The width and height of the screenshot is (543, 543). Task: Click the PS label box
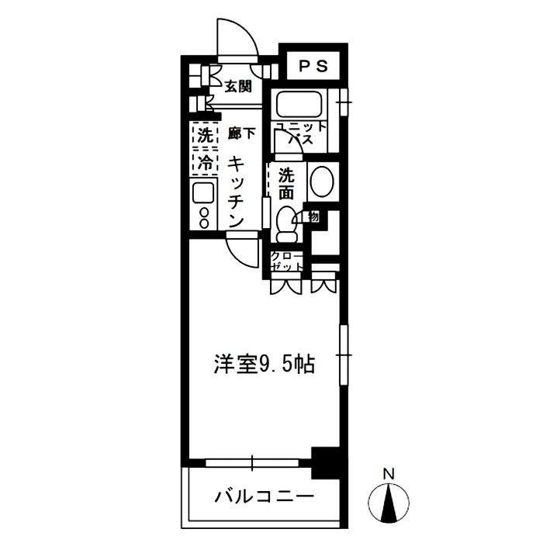pyautogui.click(x=313, y=66)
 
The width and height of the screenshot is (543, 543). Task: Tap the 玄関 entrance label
pyautogui.click(x=238, y=87)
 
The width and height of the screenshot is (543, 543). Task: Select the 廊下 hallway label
pyautogui.click(x=241, y=133)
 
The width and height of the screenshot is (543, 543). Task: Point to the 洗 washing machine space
pyautogui.click(x=204, y=135)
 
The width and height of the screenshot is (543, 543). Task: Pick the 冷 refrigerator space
pyautogui.click(x=204, y=164)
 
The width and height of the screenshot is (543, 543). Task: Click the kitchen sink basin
pyautogui.click(x=203, y=194)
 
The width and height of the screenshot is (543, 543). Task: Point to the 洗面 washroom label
pyautogui.click(x=286, y=183)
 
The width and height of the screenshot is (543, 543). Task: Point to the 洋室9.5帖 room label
pyautogui.click(x=265, y=363)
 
